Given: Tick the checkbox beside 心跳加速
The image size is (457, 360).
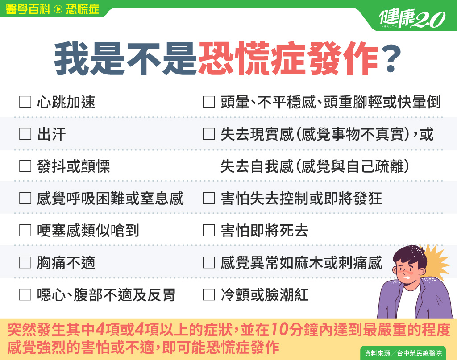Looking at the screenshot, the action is click(25, 102).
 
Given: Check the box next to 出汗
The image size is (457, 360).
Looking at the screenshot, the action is click(25, 134).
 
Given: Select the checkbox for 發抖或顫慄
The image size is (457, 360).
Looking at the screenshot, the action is click(25, 166).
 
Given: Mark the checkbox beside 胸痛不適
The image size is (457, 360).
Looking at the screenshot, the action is click(25, 262).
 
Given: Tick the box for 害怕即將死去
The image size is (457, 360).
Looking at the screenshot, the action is click(209, 230).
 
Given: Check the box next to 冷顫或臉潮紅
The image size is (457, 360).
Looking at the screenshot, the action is click(209, 294).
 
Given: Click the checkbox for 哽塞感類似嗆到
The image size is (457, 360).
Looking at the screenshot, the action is click(25, 230).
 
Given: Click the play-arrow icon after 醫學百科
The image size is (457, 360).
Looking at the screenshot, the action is click(58, 9).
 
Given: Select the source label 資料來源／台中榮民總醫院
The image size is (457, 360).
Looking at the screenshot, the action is click(403, 353).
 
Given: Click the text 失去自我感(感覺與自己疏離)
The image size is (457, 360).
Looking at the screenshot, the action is click(315, 166).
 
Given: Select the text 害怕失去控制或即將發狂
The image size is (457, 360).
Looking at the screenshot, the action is click(301, 199).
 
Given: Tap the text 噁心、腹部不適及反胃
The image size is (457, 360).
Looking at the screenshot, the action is click(106, 295).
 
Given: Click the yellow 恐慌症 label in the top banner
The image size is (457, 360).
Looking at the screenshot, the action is click(83, 9).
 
